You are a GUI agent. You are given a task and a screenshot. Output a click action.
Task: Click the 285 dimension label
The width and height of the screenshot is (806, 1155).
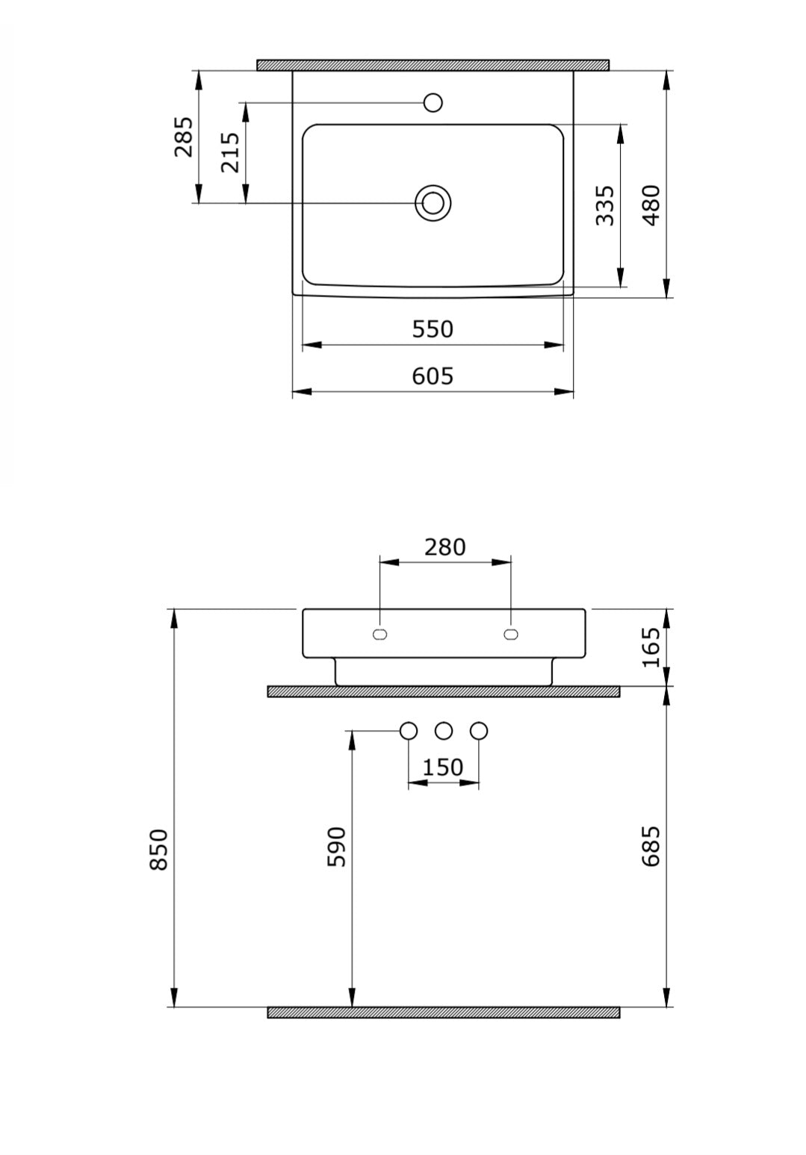pyautogui.click(x=184, y=137)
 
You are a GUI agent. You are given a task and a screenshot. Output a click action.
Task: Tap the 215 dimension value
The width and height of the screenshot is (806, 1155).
pyautogui.click(x=230, y=152)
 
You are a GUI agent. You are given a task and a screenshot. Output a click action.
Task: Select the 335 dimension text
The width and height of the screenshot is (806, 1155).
pyautogui.click(x=605, y=205)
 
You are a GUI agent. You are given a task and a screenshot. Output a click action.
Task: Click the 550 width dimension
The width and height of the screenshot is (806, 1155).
pyautogui.click(x=433, y=329)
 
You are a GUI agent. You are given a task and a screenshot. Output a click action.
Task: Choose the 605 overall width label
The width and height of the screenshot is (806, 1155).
pyautogui.click(x=433, y=376)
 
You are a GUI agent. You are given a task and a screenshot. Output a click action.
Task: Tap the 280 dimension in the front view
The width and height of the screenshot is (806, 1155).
pyautogui.click(x=444, y=547)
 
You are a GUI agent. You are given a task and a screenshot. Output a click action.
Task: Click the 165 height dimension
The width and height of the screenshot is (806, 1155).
pyautogui.click(x=651, y=647)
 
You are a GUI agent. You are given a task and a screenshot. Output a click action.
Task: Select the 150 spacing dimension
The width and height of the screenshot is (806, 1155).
pyautogui.click(x=443, y=768)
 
